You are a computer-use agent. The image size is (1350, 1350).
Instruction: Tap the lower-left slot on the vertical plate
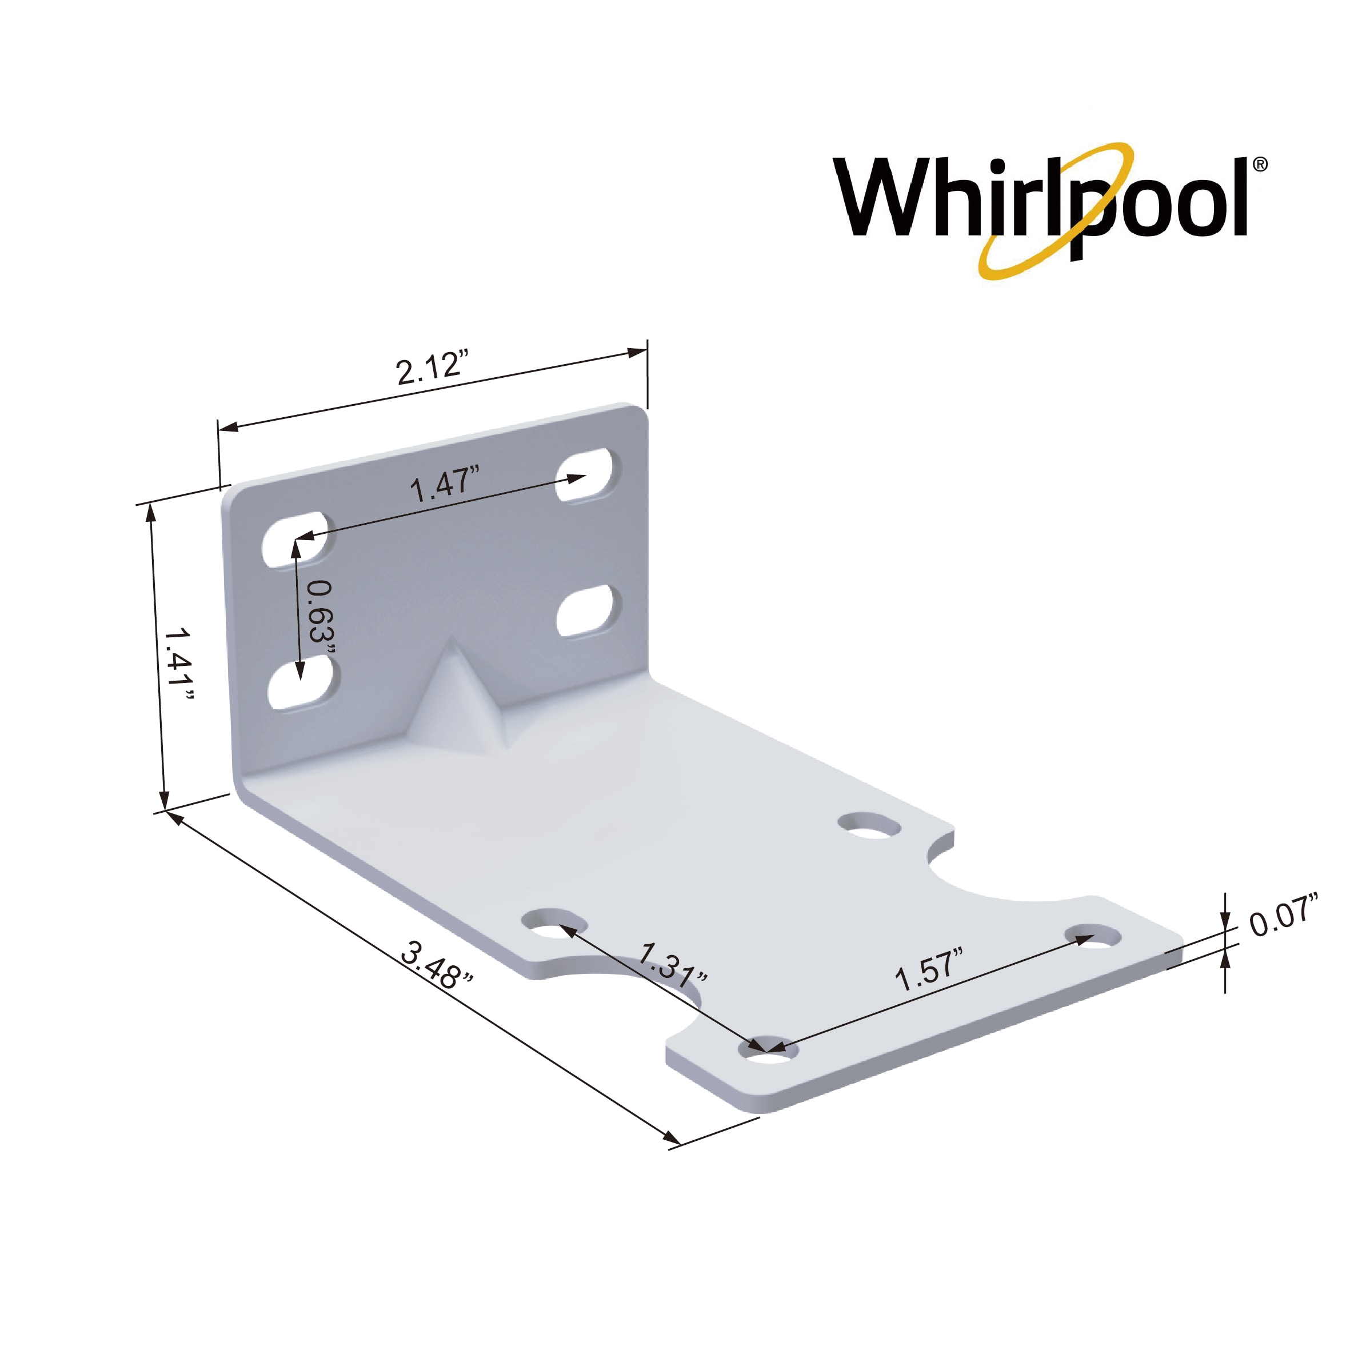click(x=304, y=684)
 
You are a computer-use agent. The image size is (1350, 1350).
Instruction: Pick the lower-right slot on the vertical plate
click(x=590, y=612)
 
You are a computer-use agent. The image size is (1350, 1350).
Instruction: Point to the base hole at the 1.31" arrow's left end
click(x=556, y=924)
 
